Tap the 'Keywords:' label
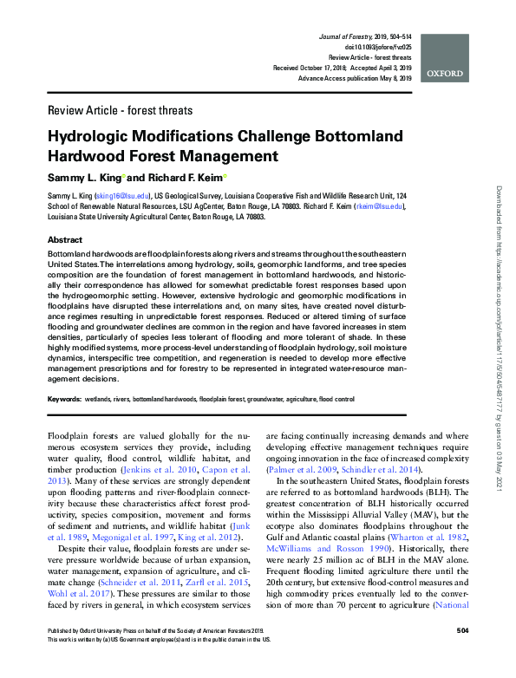(64, 400)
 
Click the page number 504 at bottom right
(461, 654)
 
